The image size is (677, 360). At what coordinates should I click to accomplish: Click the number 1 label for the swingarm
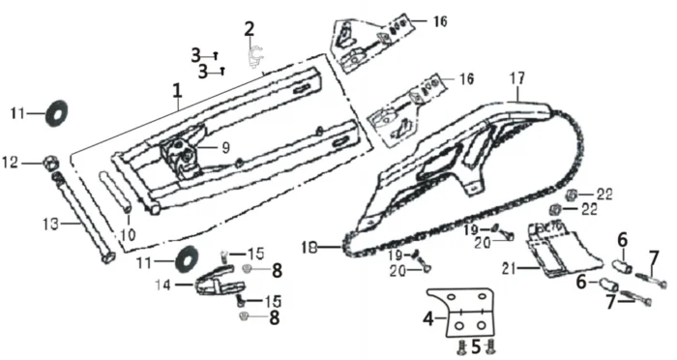(x=177, y=91)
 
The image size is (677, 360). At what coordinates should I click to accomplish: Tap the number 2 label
(x=250, y=29)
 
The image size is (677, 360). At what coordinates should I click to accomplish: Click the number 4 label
(x=427, y=319)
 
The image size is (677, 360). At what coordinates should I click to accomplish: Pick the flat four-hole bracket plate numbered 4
(x=471, y=314)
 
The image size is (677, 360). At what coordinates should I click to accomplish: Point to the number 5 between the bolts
(x=476, y=346)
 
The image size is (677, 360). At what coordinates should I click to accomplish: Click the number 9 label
(x=225, y=148)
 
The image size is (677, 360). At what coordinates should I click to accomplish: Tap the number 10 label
(x=128, y=235)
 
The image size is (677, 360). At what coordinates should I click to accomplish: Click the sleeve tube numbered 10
(x=115, y=192)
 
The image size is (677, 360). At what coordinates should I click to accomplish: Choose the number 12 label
(x=11, y=163)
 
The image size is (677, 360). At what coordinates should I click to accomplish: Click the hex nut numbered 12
(x=50, y=164)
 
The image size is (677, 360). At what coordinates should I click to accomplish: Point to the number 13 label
(x=50, y=225)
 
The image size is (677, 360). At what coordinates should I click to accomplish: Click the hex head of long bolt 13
(x=108, y=257)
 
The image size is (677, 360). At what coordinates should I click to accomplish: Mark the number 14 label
(x=162, y=285)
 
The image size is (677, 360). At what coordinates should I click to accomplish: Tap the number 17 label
(x=517, y=78)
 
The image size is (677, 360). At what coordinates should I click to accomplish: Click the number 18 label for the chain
(x=310, y=247)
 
